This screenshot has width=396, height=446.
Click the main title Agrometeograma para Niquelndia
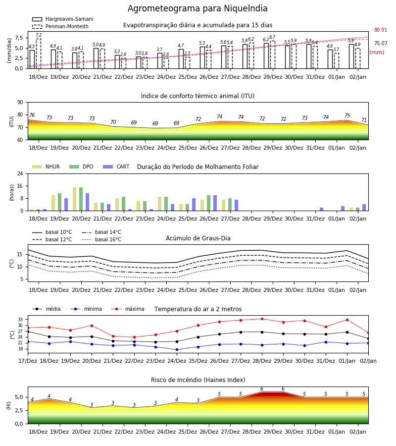198,8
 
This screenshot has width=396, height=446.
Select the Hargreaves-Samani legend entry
62,19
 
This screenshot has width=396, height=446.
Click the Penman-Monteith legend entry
60,26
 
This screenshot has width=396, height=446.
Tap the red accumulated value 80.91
380,30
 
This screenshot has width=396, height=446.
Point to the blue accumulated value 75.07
380,43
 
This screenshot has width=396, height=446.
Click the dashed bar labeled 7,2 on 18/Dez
38,54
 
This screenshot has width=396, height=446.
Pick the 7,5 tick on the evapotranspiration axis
19,38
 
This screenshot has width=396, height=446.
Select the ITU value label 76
32,115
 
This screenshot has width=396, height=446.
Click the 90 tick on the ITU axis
20,102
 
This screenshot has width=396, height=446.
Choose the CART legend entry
116,167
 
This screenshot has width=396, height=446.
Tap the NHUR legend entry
46,167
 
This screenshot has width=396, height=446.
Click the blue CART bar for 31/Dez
321,209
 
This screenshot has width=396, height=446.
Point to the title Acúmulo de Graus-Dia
198,238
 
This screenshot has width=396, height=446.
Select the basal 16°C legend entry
101,239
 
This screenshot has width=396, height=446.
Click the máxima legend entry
128,309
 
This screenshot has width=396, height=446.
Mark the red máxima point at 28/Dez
262,319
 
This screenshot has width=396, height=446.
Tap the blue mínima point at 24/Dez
177,349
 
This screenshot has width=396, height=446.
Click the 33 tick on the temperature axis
20,320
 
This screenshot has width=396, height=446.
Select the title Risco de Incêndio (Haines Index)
198,380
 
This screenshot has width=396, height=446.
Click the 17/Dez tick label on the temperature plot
28,361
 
